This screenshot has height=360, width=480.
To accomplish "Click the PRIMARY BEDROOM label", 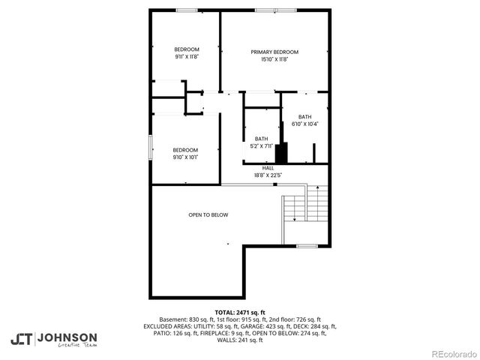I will (x=274, y=52).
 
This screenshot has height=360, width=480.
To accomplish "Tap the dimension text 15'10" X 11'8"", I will (x=274, y=59).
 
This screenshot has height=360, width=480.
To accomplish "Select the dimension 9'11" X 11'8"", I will (x=187, y=56).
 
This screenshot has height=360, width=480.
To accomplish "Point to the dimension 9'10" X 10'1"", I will (x=185, y=157).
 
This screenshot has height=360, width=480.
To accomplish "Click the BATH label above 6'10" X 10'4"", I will (x=304, y=116).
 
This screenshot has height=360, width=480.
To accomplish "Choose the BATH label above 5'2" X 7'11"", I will (x=261, y=139).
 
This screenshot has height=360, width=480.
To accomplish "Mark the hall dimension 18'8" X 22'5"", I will (x=267, y=175).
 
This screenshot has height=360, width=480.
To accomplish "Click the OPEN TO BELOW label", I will (x=208, y=215).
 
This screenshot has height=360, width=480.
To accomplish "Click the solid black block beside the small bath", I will (x=281, y=152).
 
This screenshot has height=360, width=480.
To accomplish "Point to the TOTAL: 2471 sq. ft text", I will (x=240, y=312).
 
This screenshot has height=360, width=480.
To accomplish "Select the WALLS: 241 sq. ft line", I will (x=240, y=340).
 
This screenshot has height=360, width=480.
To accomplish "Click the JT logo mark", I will (x=21, y=338).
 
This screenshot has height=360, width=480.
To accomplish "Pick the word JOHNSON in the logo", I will (x=67, y=337).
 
